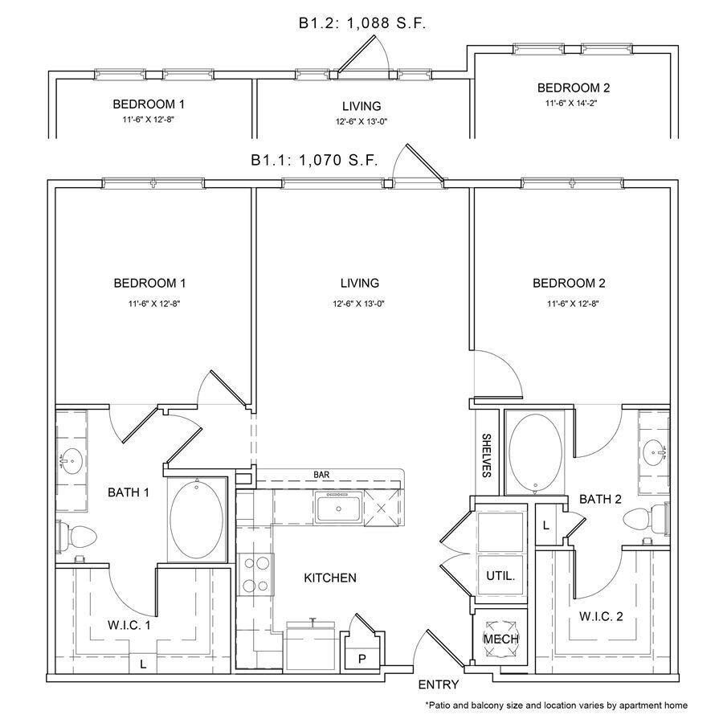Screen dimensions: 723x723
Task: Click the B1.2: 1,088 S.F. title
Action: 361,23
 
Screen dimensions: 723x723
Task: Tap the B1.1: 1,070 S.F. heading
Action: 314,160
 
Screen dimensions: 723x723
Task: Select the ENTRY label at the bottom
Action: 439,685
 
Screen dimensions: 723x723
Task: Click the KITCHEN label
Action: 330,578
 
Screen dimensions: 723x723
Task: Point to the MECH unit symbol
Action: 500,638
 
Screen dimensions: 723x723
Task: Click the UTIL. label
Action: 500,576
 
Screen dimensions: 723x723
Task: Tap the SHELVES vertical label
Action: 487,455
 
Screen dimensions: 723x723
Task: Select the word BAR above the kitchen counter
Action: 321,475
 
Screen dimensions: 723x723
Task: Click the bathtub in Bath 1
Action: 198,520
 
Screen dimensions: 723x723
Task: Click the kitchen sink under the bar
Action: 337,508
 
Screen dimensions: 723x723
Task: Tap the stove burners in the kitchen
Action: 255,574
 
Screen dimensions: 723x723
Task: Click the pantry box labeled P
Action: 361,657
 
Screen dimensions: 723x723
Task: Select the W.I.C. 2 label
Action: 601,617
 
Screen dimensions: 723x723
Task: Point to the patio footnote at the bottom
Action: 556,705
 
